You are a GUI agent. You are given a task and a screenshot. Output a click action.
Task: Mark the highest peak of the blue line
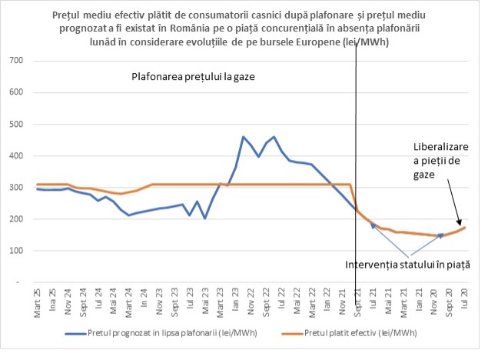pos(274,137)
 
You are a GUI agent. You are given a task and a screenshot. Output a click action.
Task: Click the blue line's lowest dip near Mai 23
pos(204,218)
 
